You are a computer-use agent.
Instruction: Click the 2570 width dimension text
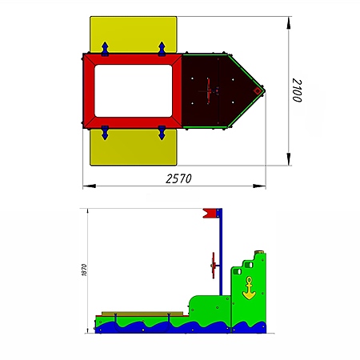[x=178, y=178]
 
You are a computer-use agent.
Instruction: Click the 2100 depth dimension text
[x=297, y=90]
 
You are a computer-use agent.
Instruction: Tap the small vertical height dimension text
[x=84, y=270]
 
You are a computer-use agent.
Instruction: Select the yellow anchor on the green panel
[x=249, y=288]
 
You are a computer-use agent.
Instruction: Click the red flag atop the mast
[x=210, y=213]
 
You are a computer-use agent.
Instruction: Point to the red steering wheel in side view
[x=214, y=266]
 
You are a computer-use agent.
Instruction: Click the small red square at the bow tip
[x=258, y=91]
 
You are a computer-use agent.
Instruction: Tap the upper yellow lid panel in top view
[x=134, y=34]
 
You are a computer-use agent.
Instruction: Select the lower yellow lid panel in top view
[x=134, y=147]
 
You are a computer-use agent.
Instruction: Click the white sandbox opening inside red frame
[x=134, y=91]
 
